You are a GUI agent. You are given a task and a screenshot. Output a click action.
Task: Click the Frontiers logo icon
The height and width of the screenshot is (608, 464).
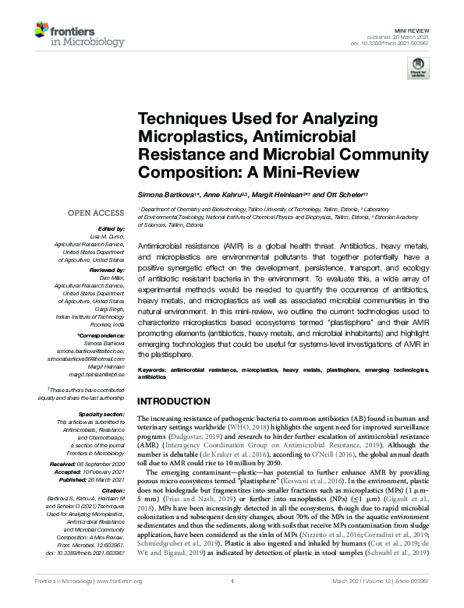(x=44, y=30)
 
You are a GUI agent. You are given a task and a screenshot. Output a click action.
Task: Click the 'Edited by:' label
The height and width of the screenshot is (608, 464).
(x=112, y=228)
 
